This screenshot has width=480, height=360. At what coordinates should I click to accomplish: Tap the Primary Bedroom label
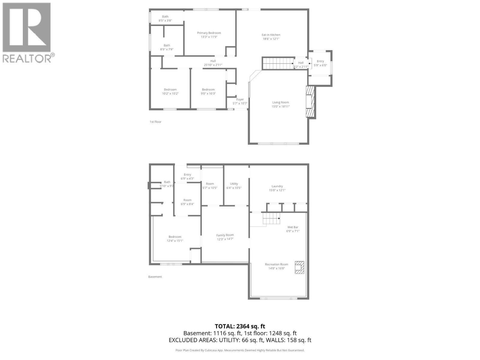coord(209,33)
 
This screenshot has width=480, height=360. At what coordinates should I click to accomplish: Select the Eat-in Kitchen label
coord(271,35)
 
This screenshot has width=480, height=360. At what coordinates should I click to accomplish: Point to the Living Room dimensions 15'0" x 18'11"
coord(280,106)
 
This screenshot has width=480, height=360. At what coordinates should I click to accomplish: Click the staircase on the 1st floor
coord(278,63)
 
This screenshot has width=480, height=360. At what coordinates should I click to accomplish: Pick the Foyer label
coord(240,100)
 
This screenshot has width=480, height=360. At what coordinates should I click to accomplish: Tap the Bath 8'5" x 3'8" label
coord(165,17)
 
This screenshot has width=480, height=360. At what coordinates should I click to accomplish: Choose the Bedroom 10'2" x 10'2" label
coord(170,89)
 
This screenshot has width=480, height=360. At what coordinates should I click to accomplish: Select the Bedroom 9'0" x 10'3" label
coord(208,89)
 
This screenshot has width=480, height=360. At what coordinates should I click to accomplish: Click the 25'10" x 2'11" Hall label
coord(213,61)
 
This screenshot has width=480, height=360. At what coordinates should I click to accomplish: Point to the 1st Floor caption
coord(155,122)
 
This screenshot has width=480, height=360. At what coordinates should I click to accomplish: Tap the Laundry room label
coord(277,186)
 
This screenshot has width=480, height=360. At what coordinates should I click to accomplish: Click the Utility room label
coord(234,184)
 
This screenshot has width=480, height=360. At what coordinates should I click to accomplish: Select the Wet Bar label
coord(293,227)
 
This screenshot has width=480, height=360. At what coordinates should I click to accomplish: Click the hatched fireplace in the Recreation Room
coord(299,267)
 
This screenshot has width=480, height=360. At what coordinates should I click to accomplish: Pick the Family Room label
coord(225,235)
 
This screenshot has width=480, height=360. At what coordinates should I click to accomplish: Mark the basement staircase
coord(271,218)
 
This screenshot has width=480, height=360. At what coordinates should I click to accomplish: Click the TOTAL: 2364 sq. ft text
coord(240,326)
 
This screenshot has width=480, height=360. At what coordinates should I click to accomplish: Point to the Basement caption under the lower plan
coord(155,277)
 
